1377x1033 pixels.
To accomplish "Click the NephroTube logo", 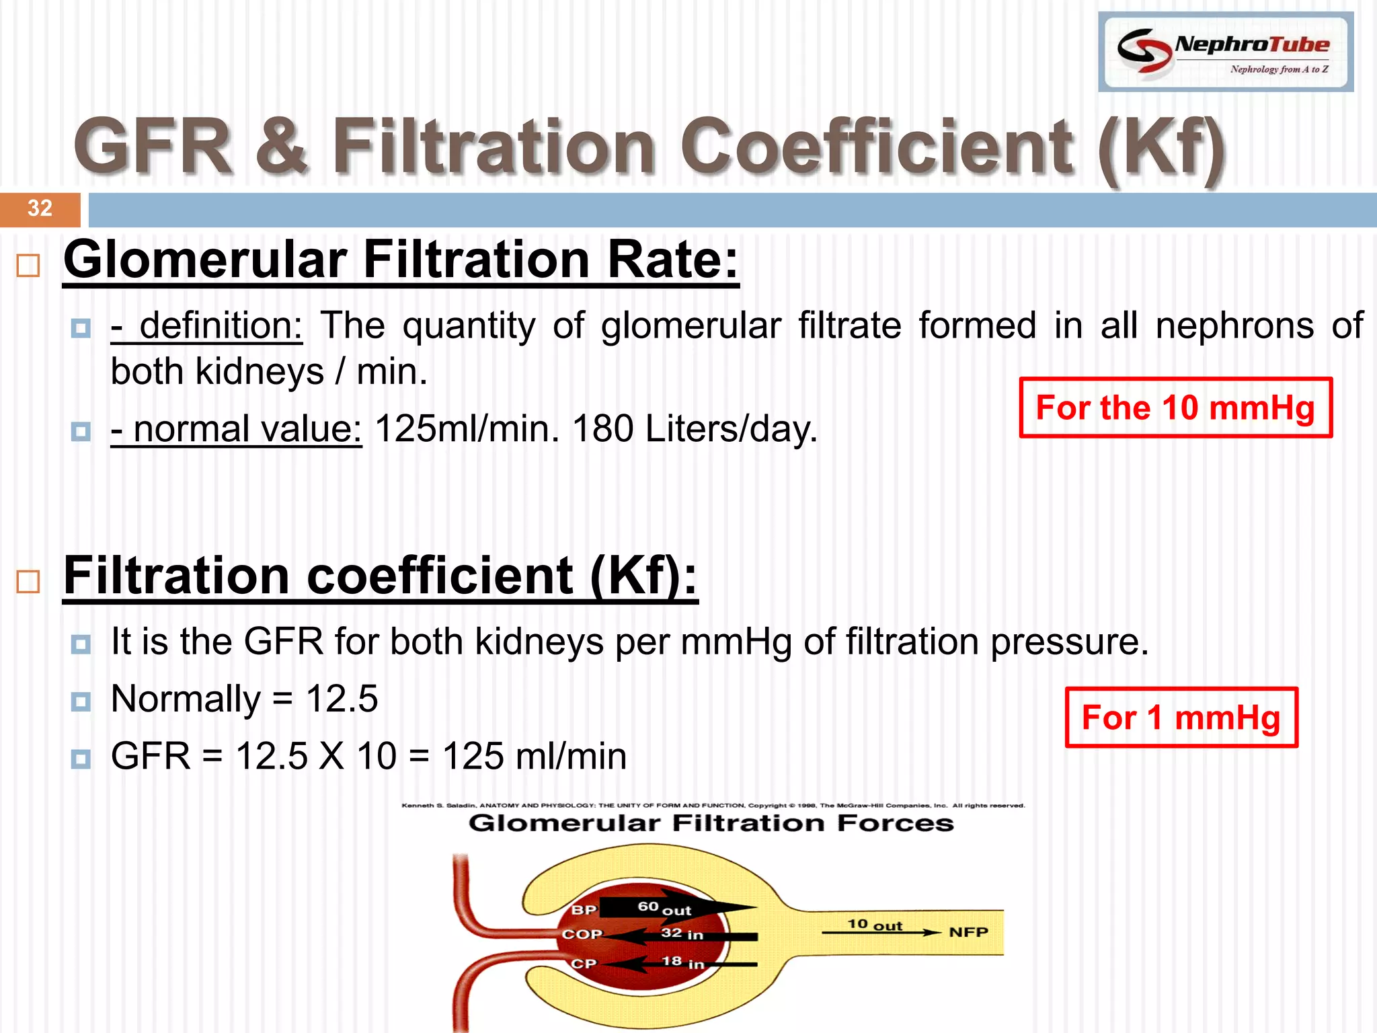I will coord(1225,52).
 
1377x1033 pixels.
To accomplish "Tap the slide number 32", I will coord(40,208).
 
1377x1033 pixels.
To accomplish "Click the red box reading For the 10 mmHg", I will coord(1175,408).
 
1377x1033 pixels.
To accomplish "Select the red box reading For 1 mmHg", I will coord(1181,718).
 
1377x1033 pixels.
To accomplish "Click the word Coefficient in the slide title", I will coord(877,146).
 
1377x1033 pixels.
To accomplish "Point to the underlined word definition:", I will coord(207,326).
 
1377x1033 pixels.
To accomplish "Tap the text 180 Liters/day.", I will coord(695,428).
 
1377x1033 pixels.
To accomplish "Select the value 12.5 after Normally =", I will coord(342,699).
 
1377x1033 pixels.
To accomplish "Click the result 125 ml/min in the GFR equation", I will coord(535,756).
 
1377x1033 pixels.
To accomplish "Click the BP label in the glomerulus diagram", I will coord(584,910).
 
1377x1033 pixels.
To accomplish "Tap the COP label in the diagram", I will coord(582,934).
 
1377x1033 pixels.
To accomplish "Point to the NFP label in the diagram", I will coord(968,932).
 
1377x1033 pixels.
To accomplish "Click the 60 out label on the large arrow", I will coord(664,908).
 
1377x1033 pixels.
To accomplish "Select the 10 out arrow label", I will coord(874,925).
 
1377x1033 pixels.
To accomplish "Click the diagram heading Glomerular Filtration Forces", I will coord(711,823).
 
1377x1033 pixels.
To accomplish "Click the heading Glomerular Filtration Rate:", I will coord(401,260).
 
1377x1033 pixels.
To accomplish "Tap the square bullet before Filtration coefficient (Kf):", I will coord(28,581).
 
